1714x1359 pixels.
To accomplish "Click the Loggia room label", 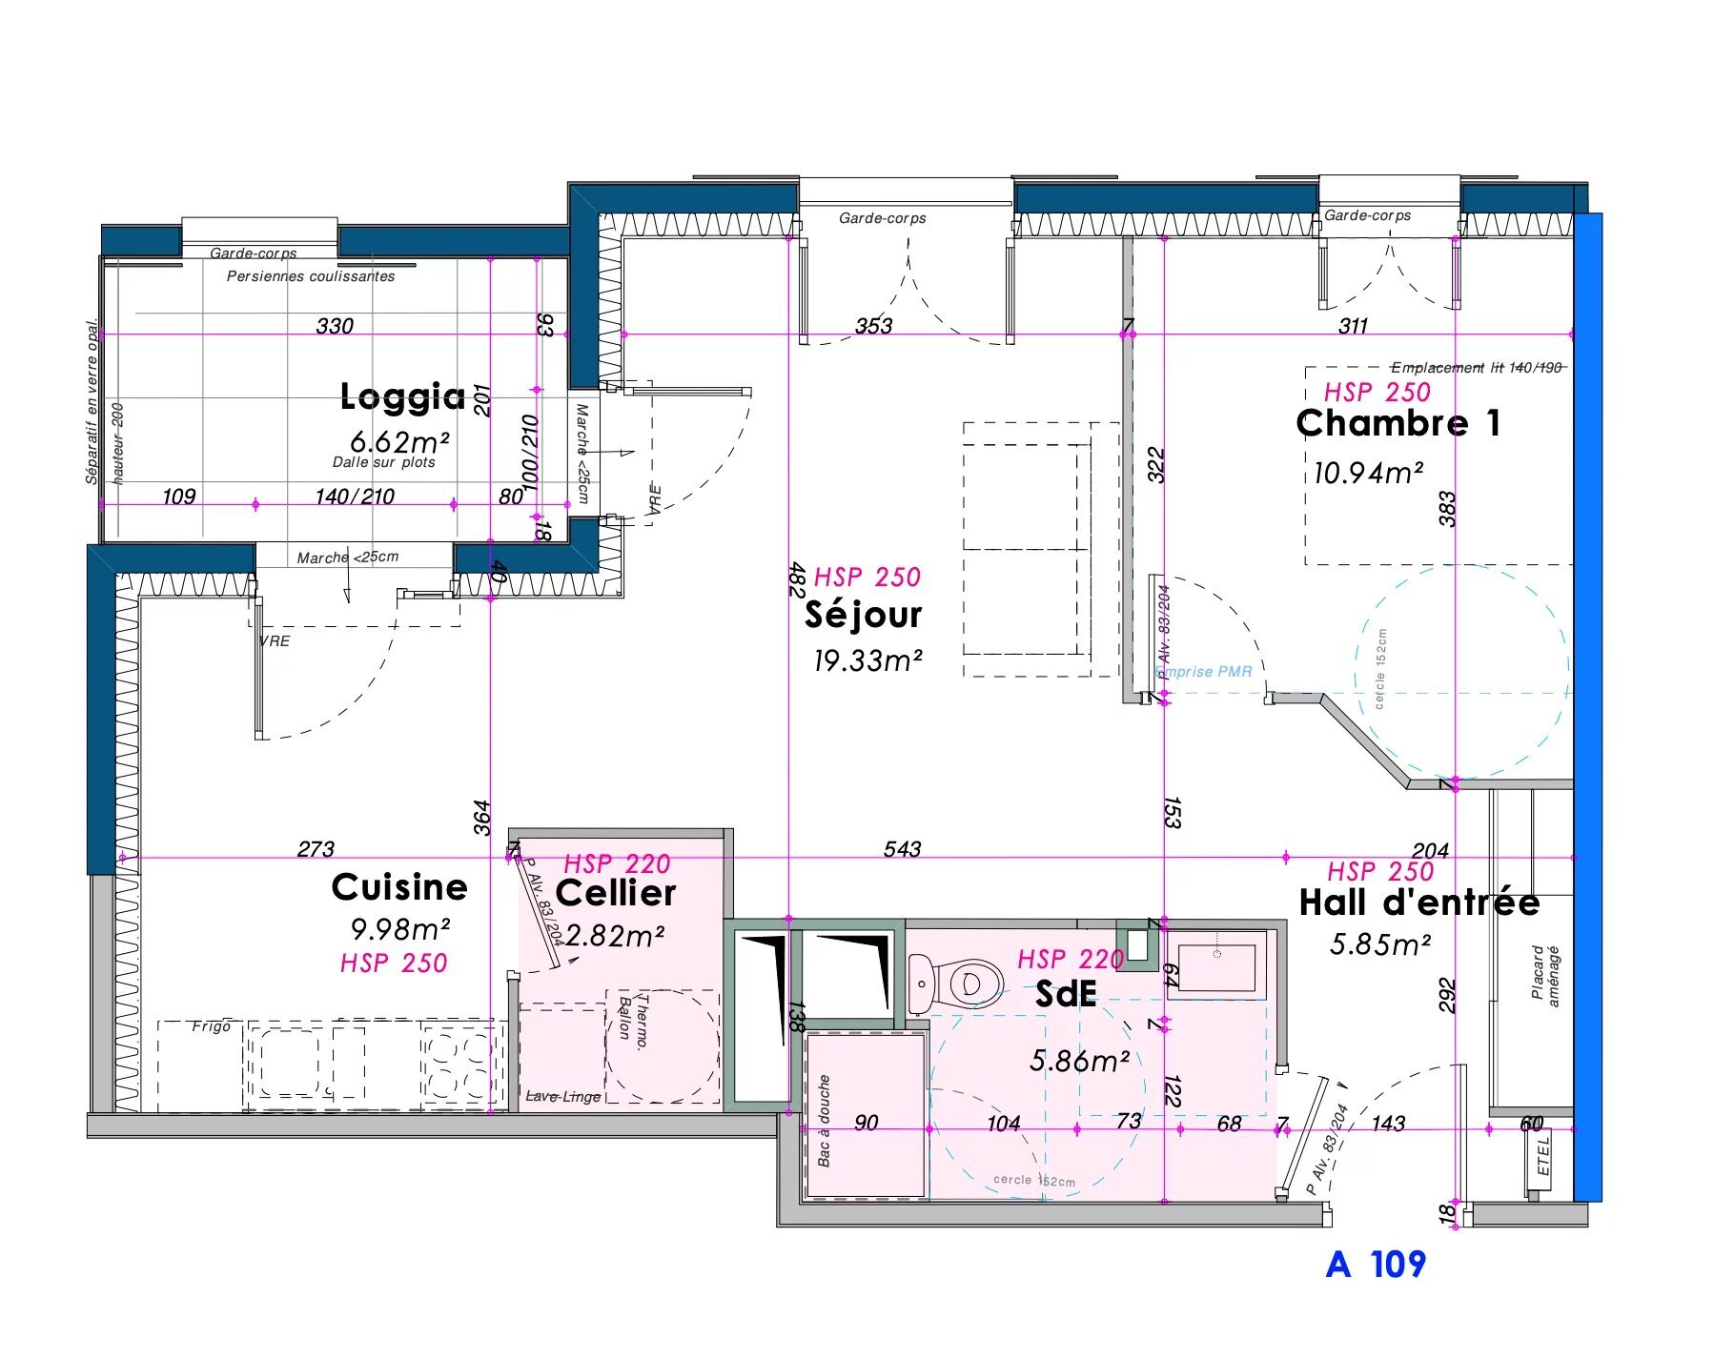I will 402,396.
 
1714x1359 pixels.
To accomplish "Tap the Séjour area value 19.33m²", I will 867,660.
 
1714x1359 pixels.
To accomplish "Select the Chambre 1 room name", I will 1398,423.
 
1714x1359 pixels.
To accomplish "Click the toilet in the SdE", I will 958,983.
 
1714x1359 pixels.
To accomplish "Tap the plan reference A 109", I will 1376,1265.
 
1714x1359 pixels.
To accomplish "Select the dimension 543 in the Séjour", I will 902,848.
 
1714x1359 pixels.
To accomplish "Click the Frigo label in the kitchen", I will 211,1026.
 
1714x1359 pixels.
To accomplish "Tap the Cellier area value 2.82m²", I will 615,936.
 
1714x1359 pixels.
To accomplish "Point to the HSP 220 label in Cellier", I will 617,863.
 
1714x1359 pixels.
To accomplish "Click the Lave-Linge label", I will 563,1097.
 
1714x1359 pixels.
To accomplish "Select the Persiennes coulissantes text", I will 311,276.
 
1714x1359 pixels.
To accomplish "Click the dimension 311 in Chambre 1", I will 1353,326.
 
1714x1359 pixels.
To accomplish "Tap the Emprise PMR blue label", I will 1204,672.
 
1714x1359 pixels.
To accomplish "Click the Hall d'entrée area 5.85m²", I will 1379,944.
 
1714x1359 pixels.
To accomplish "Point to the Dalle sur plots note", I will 383,462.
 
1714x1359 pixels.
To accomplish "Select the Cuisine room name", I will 399,887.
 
